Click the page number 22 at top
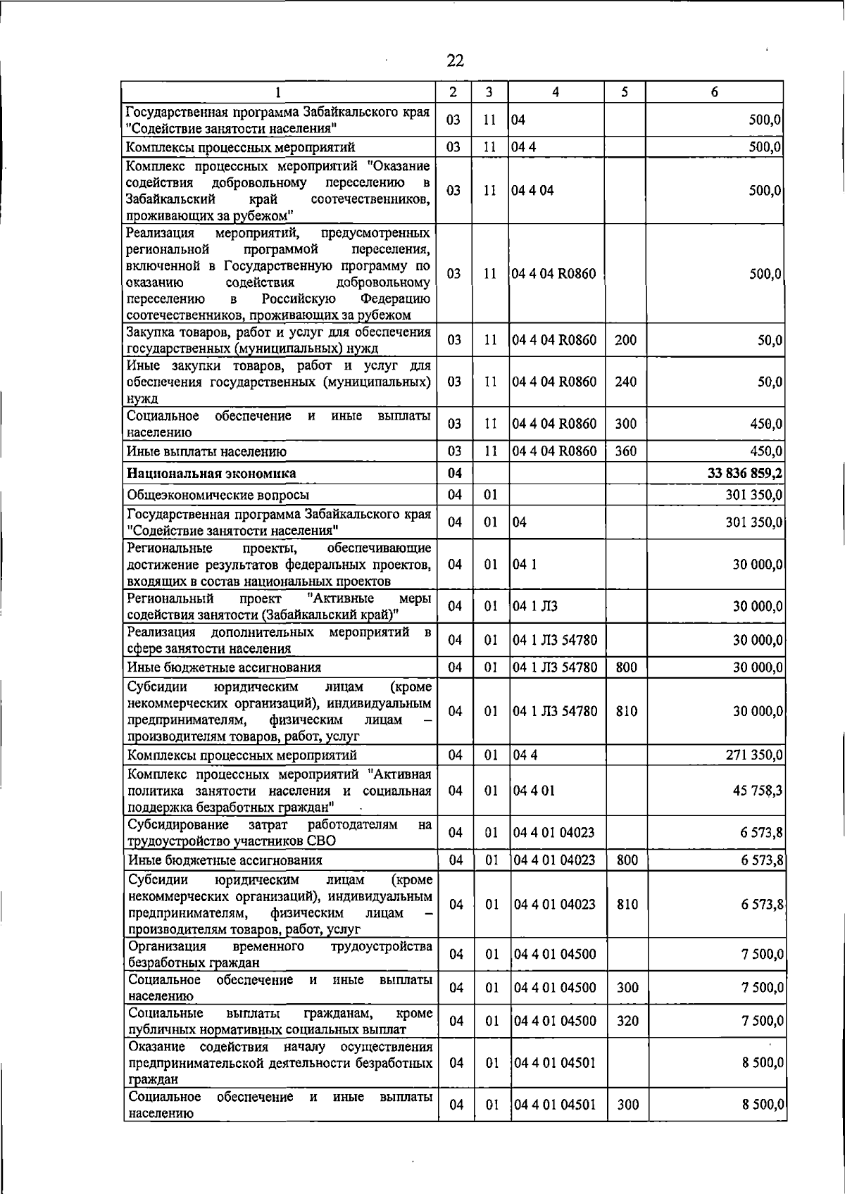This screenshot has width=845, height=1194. point(456,61)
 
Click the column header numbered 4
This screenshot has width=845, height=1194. point(556,92)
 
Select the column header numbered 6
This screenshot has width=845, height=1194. point(714,92)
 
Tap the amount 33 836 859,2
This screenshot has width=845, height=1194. point(745,473)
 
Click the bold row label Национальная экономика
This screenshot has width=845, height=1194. point(211,473)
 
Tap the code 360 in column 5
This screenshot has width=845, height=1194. point(625,451)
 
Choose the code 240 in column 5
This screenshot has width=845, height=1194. point(625,382)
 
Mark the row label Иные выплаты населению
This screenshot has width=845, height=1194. point(206,451)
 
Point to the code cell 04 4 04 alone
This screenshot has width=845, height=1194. point(533,191)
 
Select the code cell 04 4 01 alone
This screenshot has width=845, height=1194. point(534,791)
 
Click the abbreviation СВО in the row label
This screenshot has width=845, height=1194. point(321,841)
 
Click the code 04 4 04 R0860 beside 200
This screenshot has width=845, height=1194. point(554,341)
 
